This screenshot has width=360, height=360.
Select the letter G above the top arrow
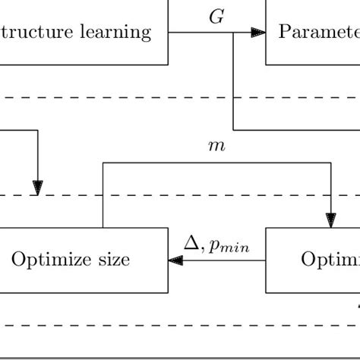pos(216,17)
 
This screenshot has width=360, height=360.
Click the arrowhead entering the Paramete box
pos(258,33)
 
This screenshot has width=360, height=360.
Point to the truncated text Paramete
pos(318,33)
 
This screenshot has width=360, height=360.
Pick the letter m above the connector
pos(216,145)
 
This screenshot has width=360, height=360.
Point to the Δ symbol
pos(191,243)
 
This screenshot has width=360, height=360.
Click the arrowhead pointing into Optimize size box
pos(175,261)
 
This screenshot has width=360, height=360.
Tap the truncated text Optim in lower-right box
pos(330,261)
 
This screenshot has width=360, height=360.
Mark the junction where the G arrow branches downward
pos(233,33)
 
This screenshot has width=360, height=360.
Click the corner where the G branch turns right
pos(233,129)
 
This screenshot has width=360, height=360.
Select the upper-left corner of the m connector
pos(103,163)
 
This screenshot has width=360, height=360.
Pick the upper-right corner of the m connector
pos(331,163)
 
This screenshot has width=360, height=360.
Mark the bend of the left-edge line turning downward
pos(37,130)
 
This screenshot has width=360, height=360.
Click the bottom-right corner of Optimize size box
pos(168,292)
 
